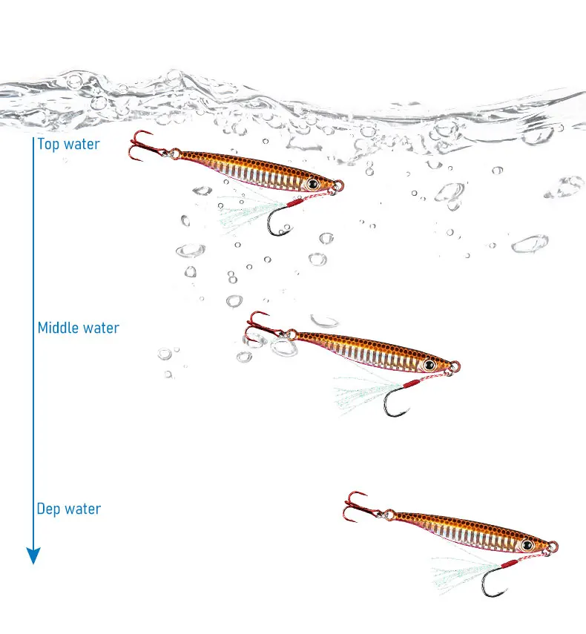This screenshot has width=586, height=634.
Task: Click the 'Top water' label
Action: coord(68,144)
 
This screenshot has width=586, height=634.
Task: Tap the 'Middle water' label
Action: coord(78,327)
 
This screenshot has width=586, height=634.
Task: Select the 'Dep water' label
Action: coord(68,509)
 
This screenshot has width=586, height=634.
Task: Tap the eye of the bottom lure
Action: coord(527,545)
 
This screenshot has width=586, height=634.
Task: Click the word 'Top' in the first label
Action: coord(49,144)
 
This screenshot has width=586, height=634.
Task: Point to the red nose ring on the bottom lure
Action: coord(553,547)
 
